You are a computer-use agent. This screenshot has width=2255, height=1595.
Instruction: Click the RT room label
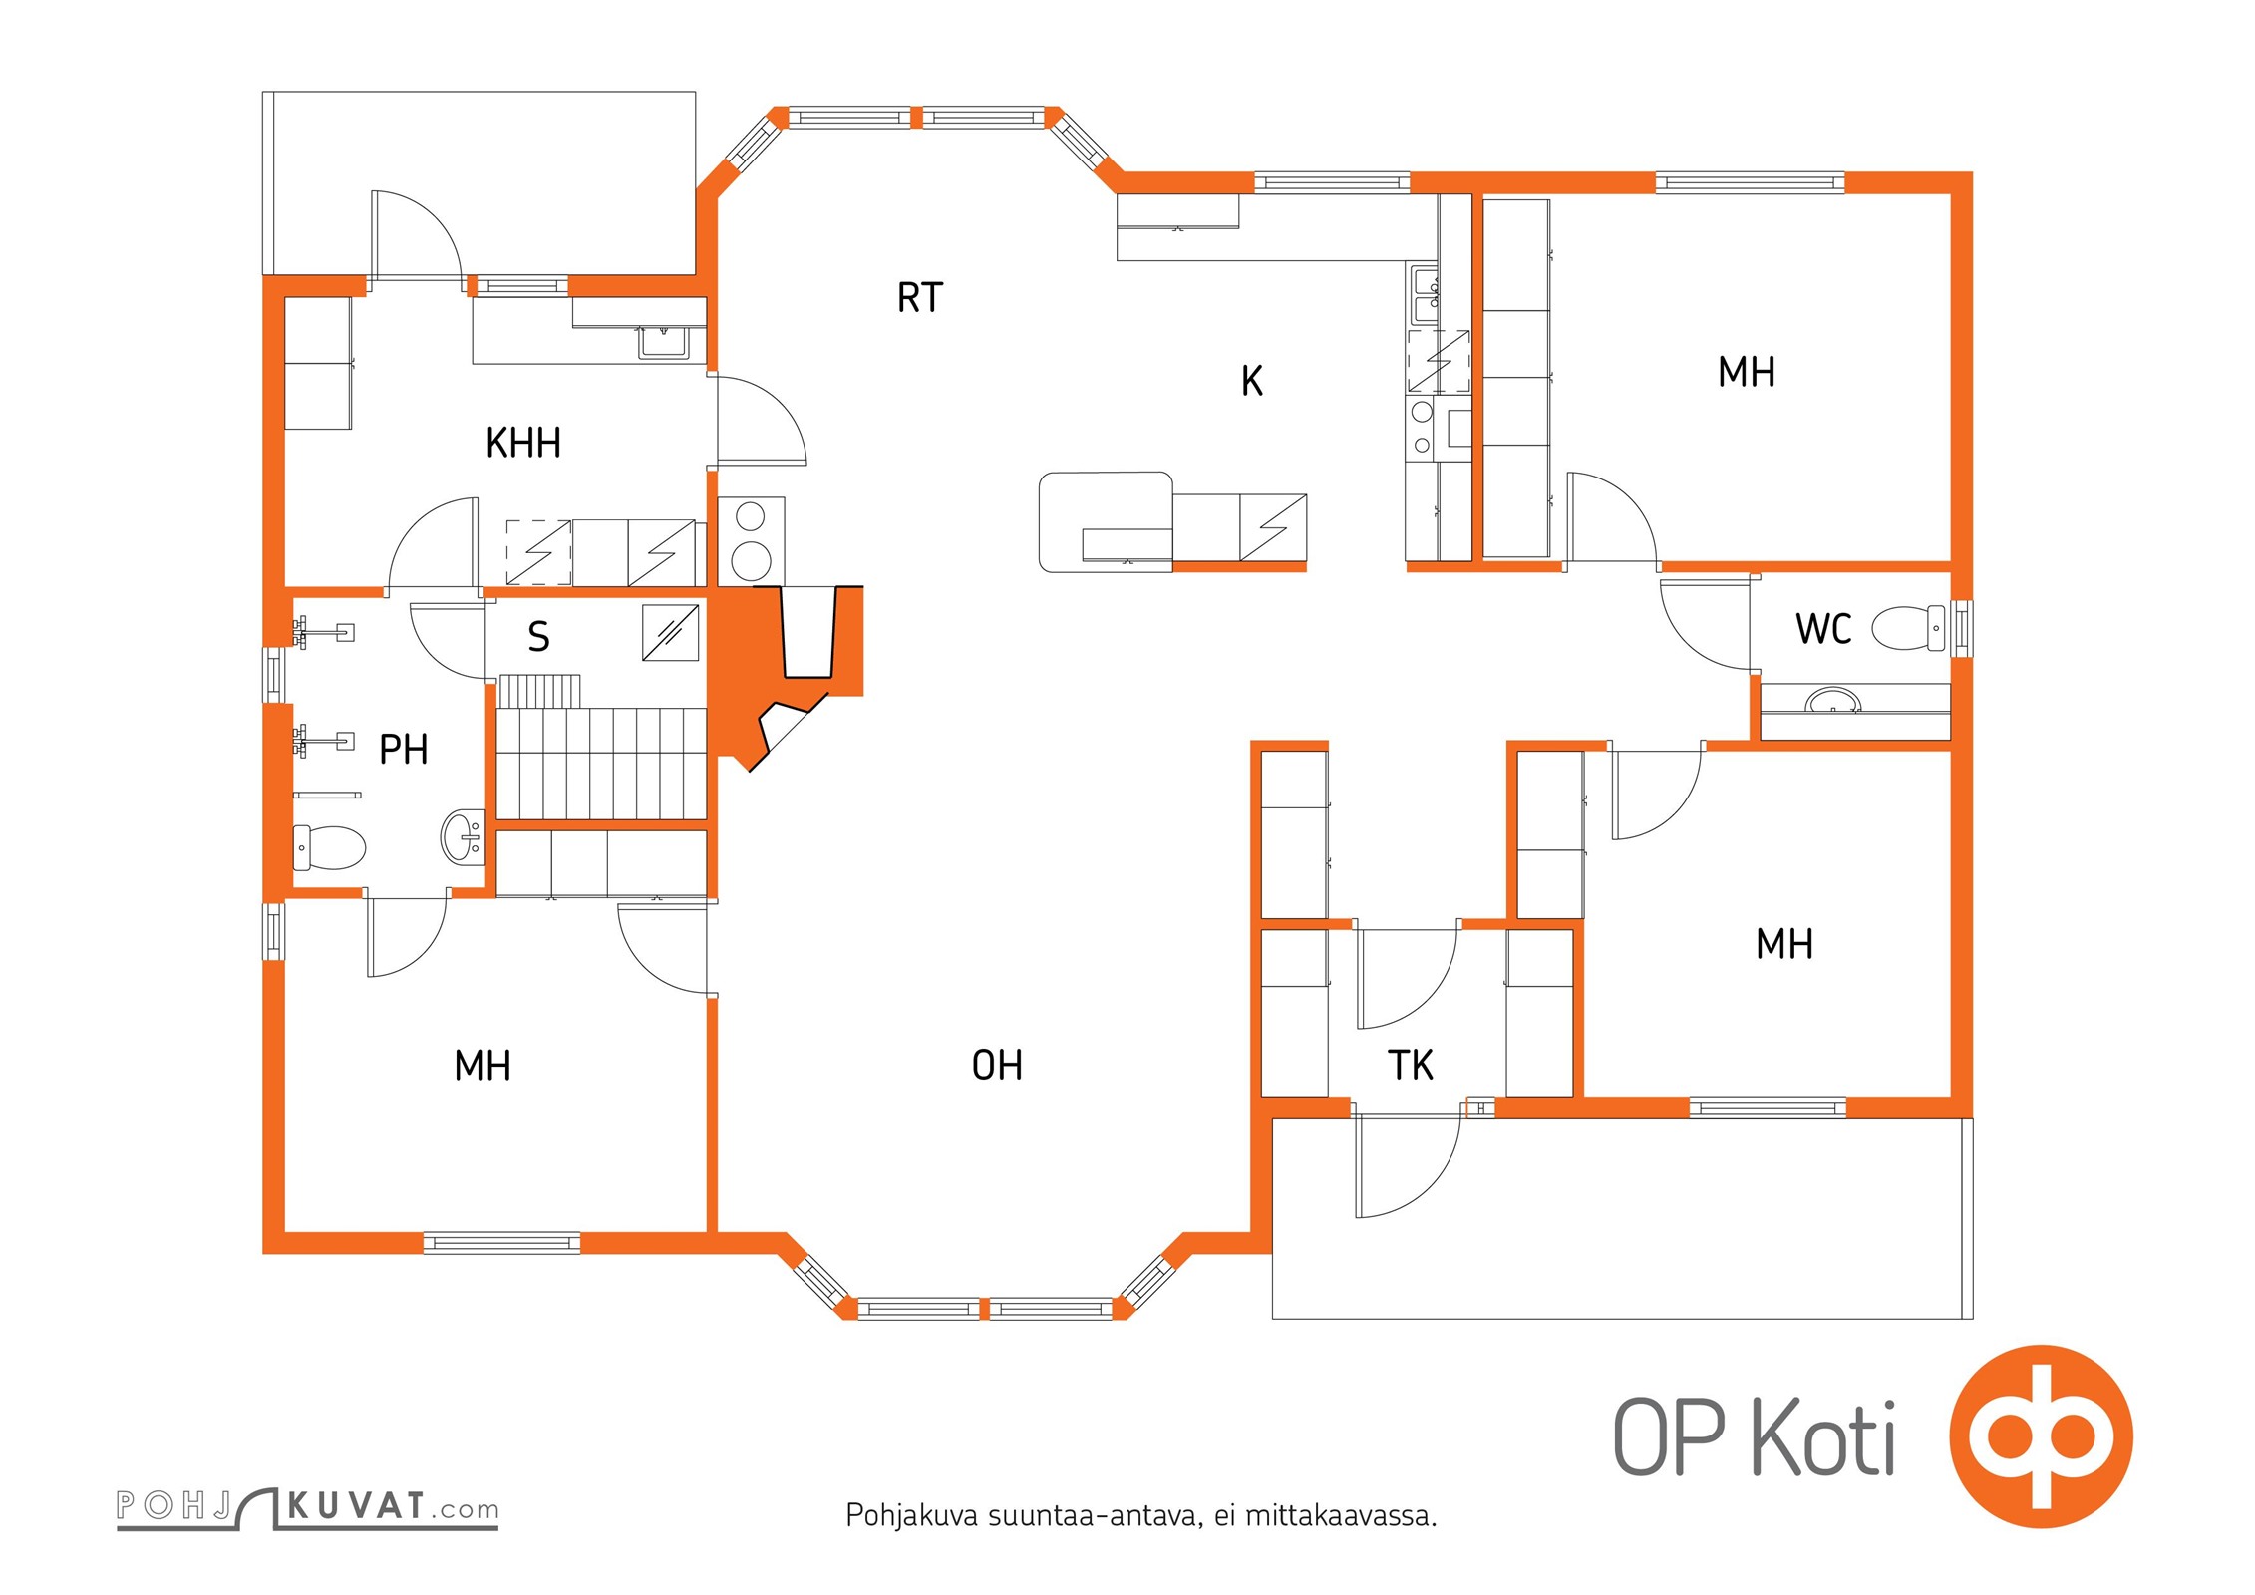tap(919, 298)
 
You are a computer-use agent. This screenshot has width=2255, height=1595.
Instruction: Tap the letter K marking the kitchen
tap(1252, 381)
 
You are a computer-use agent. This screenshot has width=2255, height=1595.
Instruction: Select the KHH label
tap(523, 443)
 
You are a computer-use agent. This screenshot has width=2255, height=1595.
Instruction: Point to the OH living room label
tap(997, 1066)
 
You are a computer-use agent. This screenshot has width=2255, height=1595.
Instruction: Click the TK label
tap(1410, 1066)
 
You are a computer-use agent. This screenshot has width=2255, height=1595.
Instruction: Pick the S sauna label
tap(538, 636)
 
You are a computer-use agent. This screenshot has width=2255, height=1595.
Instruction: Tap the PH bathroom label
tap(404, 749)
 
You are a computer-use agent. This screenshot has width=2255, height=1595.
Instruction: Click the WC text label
tap(1823, 629)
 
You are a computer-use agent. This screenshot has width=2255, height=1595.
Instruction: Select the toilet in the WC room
tap(1908, 628)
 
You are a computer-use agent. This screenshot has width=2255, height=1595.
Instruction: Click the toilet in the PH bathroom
tap(330, 847)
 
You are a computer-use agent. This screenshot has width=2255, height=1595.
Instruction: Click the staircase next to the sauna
tap(602, 748)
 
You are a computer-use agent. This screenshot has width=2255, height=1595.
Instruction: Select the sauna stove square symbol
tap(670, 632)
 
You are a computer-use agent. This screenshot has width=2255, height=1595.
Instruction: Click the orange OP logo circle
tap(2041, 1436)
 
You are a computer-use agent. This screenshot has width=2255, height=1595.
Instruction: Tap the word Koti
tap(1823, 1436)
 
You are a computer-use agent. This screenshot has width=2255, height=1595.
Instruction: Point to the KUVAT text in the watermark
tap(356, 1506)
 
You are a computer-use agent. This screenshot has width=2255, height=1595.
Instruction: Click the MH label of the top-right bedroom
tap(1747, 372)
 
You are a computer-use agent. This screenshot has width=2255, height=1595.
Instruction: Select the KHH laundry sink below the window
tap(663, 342)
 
